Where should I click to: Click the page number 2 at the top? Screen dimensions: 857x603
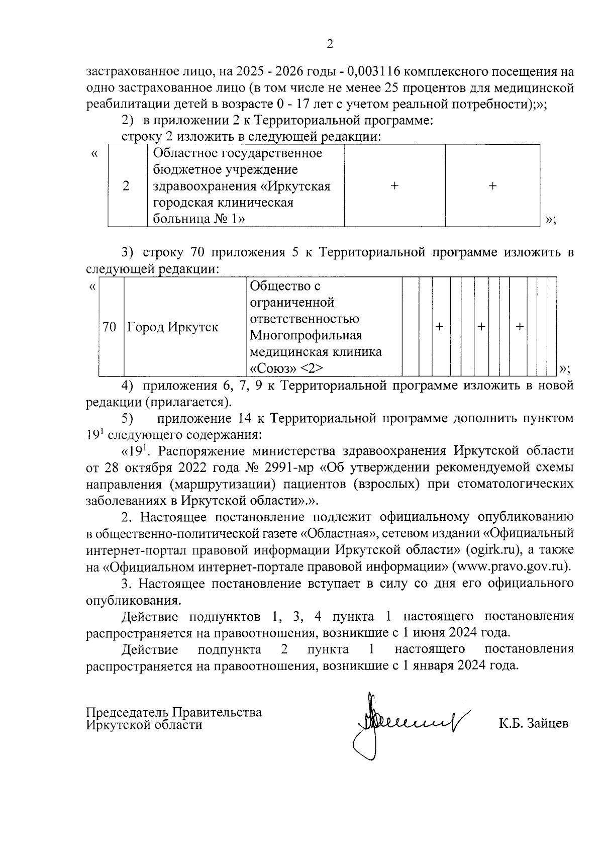click(330, 44)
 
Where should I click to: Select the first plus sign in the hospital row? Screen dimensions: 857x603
click(394, 186)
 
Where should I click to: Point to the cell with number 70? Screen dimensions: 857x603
click(110, 327)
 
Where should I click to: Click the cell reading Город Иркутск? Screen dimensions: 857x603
click(173, 327)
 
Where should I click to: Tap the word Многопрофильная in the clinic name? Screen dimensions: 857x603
click(306, 335)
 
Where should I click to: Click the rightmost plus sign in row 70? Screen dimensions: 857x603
click(520, 327)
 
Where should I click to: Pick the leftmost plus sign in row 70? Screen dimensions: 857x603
click(439, 327)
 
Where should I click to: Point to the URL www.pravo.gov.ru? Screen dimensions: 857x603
click(512, 566)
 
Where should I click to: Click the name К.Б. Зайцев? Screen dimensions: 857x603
click(533, 724)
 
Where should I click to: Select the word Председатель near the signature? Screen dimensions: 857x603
click(127, 712)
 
